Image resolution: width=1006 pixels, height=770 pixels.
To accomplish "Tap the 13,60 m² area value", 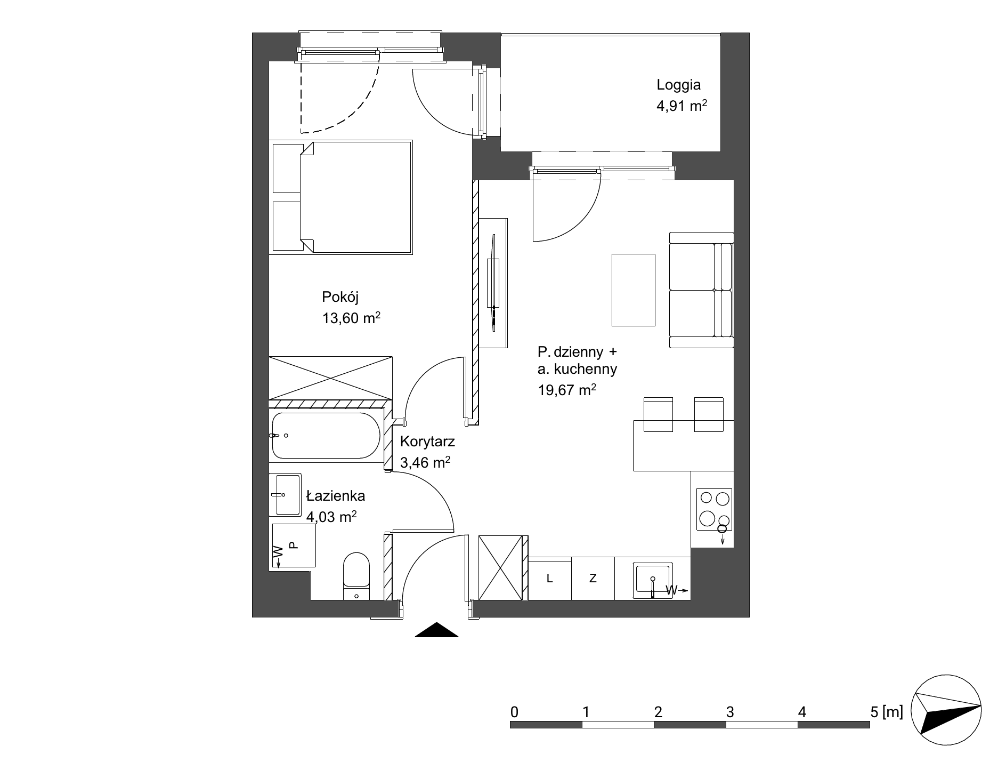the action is coord(351,318).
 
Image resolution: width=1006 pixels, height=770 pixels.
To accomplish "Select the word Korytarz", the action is coord(427,442).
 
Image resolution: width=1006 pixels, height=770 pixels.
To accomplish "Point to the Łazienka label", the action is coord(336,496).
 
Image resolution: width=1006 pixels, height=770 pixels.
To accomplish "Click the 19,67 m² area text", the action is coord(566,390).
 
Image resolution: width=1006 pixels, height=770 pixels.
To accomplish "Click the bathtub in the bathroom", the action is coord(326,436).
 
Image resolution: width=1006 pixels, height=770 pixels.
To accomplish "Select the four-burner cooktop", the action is coord(714,509).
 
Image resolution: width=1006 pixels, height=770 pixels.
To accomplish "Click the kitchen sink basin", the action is coord(653,581).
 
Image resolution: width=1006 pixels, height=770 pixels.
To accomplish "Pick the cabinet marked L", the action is coord(550,579).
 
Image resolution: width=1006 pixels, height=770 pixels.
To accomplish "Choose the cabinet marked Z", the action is coord(593,579).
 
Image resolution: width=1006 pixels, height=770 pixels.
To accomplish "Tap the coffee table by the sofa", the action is coord(634,290).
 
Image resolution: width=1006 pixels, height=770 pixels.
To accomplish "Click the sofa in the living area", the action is coord(701,290).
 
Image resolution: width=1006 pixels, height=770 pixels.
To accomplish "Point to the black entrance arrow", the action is coord(436,630).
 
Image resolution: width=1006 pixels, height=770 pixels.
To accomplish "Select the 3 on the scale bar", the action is coord(730,712).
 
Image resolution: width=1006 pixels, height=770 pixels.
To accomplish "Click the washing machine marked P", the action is coord(294,545).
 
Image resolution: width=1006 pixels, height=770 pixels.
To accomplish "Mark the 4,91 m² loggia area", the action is coord(682,106).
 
